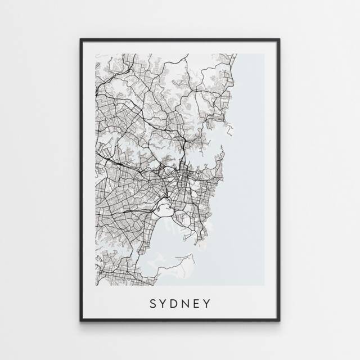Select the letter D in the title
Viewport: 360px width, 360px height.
click(x=175, y=304)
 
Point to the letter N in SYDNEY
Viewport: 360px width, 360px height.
click(x=187, y=304)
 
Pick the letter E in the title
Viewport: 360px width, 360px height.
click(x=198, y=304)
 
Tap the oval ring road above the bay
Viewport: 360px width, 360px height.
click(x=165, y=210)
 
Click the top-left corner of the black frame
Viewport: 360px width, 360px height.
click(x=81, y=39)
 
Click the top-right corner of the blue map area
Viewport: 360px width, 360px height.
click(x=264, y=55)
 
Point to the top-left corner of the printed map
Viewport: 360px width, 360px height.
click(x=96, y=55)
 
